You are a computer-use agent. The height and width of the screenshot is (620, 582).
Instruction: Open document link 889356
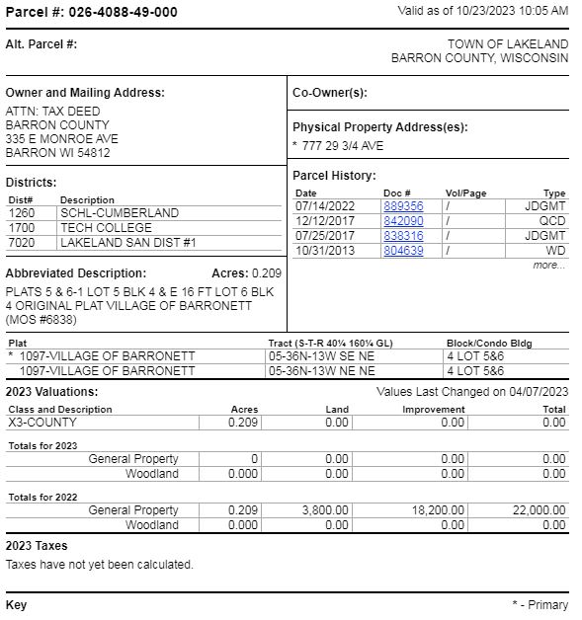click(x=403, y=206)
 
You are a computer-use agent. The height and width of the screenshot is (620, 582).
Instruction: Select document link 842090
click(x=403, y=221)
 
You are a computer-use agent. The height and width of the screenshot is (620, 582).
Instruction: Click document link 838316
click(x=403, y=236)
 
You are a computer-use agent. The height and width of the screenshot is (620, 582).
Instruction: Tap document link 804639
click(x=403, y=251)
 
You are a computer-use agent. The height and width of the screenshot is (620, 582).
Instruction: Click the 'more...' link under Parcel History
click(x=548, y=265)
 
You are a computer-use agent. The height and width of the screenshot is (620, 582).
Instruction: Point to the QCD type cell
click(x=552, y=221)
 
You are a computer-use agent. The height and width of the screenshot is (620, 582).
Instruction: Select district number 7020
click(x=22, y=242)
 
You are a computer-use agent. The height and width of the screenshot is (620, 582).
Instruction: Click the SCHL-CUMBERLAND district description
click(x=120, y=212)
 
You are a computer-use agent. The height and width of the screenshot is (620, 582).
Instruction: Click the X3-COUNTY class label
click(x=42, y=423)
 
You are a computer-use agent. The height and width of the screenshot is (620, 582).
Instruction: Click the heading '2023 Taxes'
click(x=37, y=546)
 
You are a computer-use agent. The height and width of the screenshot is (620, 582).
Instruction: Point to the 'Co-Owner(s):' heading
click(x=330, y=93)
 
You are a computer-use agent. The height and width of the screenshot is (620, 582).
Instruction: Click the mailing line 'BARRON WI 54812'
click(x=57, y=153)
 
